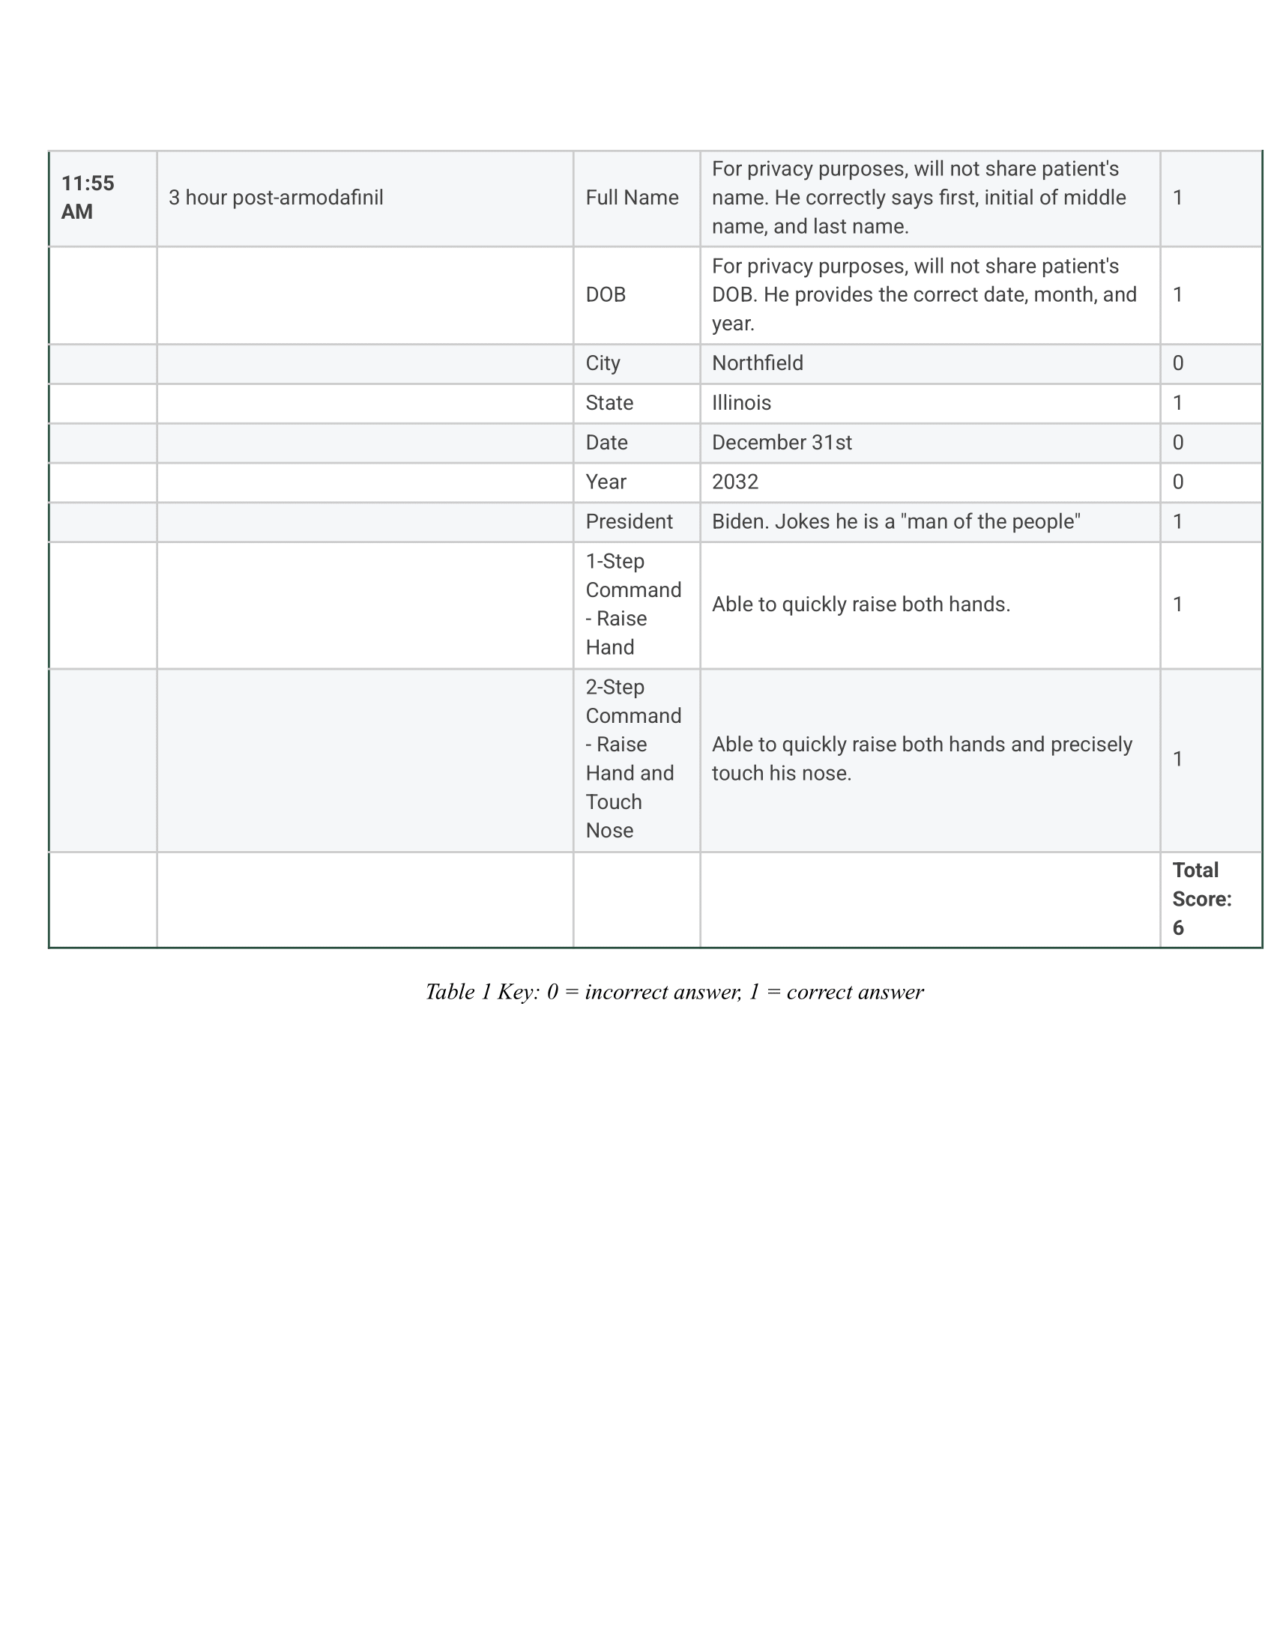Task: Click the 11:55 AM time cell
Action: pos(88,198)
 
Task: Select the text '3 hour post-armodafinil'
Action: pos(277,198)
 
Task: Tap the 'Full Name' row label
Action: pos(632,198)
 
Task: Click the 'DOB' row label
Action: pos(606,294)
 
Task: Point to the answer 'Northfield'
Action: pos(757,363)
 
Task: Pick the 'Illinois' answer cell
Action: pos(741,403)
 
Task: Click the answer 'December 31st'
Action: pos(781,442)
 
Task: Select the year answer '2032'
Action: pos(734,482)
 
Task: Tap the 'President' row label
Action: pos(629,521)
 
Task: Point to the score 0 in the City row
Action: pos(1177,363)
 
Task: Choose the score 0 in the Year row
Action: pos(1177,482)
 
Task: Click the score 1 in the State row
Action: pos(1177,403)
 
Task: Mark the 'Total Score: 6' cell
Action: pos(1201,899)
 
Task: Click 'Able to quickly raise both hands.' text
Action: pos(860,605)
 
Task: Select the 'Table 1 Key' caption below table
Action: pos(674,992)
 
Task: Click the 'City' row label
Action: pos(603,363)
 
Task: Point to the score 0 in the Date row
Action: pos(1177,442)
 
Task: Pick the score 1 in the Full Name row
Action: pos(1177,198)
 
